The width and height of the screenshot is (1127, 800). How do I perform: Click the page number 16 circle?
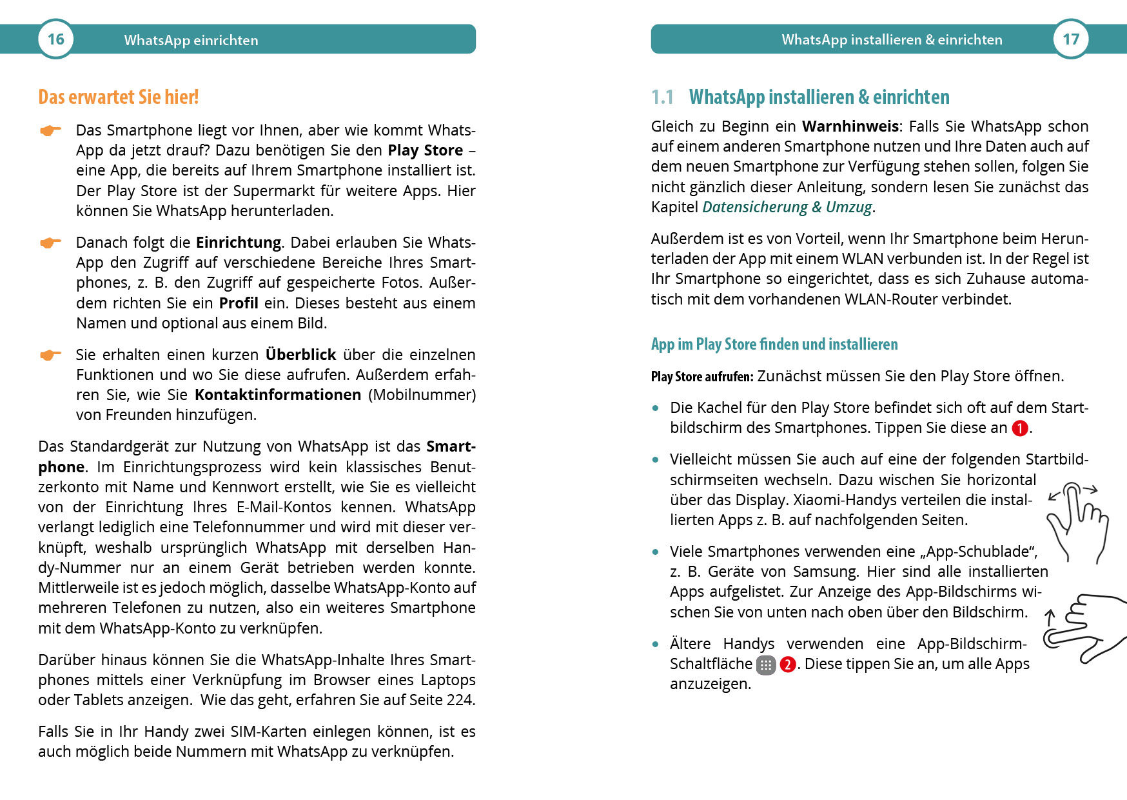click(x=56, y=39)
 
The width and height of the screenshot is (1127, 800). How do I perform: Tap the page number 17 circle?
click(x=1071, y=39)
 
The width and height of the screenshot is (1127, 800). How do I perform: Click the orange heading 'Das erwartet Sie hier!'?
click(x=119, y=97)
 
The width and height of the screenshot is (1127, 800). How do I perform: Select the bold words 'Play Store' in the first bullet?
click(x=425, y=150)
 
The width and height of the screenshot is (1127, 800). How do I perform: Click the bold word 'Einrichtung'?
click(x=239, y=243)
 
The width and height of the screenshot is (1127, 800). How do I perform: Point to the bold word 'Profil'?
click(x=239, y=303)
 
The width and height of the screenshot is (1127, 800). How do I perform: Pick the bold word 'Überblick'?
click(x=300, y=355)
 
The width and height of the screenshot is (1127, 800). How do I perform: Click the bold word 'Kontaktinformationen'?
click(x=278, y=395)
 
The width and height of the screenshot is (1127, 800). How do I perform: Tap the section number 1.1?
click(x=662, y=97)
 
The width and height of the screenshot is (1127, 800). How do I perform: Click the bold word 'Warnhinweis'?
click(x=850, y=126)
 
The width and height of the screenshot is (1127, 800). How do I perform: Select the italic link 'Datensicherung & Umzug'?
click(x=787, y=207)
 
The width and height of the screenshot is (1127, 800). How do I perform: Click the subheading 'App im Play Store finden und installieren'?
click(x=774, y=344)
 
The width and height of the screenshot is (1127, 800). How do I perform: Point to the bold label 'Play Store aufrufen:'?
click(x=701, y=377)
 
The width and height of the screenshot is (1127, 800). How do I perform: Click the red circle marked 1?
click(x=1020, y=428)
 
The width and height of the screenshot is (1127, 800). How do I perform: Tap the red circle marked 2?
click(x=787, y=665)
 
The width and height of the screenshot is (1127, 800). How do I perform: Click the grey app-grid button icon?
click(x=765, y=665)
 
